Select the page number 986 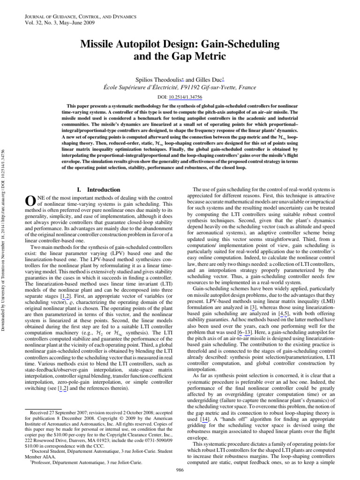click(x=180, y=470)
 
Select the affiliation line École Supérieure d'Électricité click(x=180, y=87)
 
